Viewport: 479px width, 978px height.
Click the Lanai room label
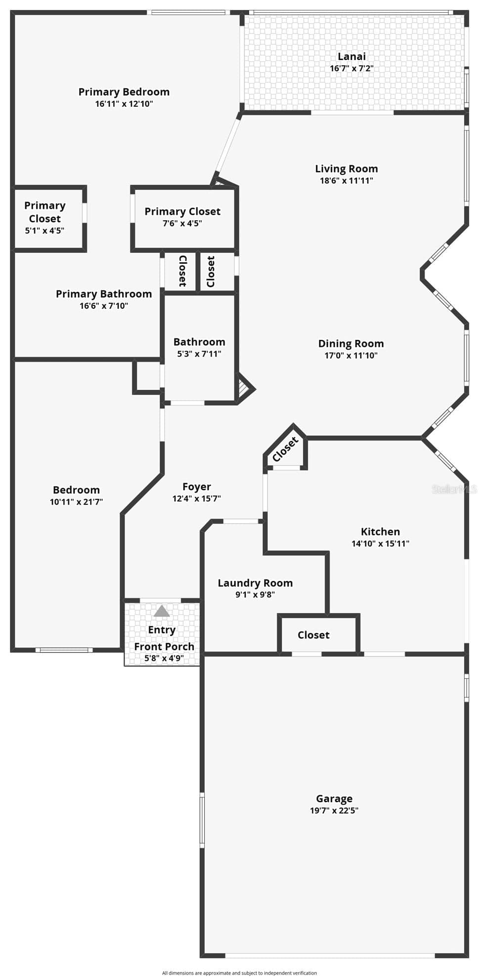[x=351, y=56]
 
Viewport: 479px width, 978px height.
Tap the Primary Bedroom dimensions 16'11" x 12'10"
[x=124, y=104]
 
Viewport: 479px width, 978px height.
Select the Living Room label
[x=347, y=169]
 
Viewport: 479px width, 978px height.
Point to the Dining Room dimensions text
[x=351, y=355]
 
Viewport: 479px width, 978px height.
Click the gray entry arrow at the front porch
[x=162, y=611]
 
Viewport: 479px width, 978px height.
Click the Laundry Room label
[x=255, y=583]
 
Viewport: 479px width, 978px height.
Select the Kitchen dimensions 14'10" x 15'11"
[x=380, y=544]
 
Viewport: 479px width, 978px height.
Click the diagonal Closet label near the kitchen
[x=285, y=449]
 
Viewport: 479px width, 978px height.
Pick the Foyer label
[x=197, y=487]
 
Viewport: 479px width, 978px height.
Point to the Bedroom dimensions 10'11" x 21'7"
[x=76, y=502]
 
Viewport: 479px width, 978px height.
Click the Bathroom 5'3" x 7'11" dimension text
[x=199, y=354]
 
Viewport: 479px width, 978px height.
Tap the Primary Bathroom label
[x=104, y=294]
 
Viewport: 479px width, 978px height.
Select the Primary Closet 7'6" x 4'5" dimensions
[x=182, y=223]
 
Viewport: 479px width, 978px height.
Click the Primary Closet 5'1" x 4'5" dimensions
[x=44, y=231]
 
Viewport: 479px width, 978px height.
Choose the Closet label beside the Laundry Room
[x=313, y=635]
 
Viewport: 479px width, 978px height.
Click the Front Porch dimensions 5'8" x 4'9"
[x=164, y=658]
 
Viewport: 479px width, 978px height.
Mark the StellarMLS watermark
[x=454, y=489]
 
